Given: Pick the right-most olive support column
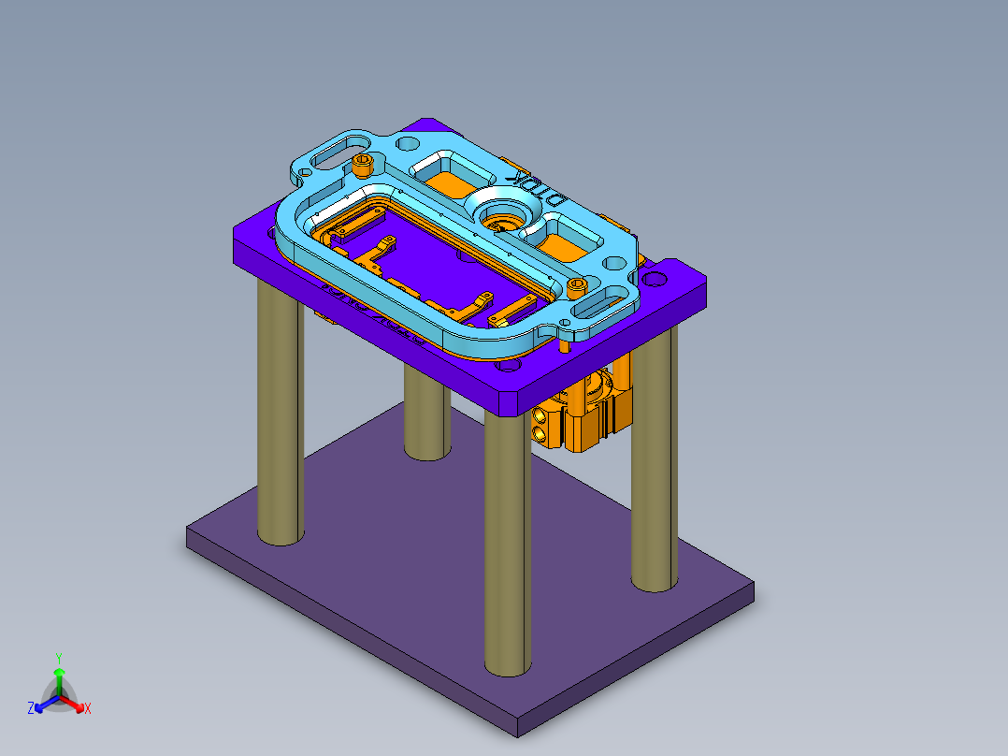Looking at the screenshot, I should (654, 468).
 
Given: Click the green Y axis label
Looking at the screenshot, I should (58, 658).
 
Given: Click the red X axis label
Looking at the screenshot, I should (88, 708).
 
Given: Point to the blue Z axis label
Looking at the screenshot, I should (31, 708).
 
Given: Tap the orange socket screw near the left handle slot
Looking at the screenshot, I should (364, 166).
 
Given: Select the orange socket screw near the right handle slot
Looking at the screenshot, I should (578, 285).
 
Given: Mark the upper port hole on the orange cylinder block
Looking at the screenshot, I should (540, 414).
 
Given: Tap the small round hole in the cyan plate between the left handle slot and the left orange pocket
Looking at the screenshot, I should (408, 145).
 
